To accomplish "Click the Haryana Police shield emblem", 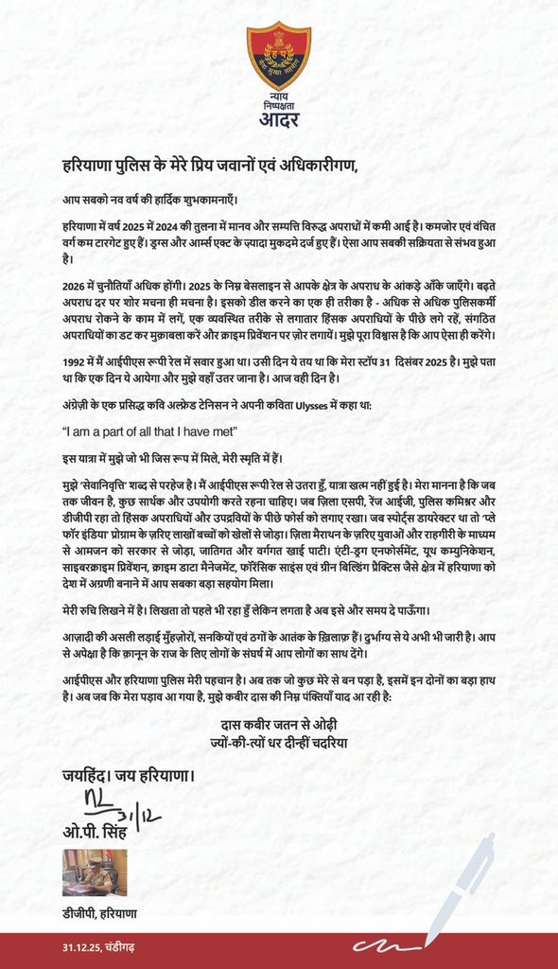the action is click(x=278, y=55).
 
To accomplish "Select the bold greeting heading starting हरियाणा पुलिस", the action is click(x=210, y=167).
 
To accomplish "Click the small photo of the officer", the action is click(x=95, y=872).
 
